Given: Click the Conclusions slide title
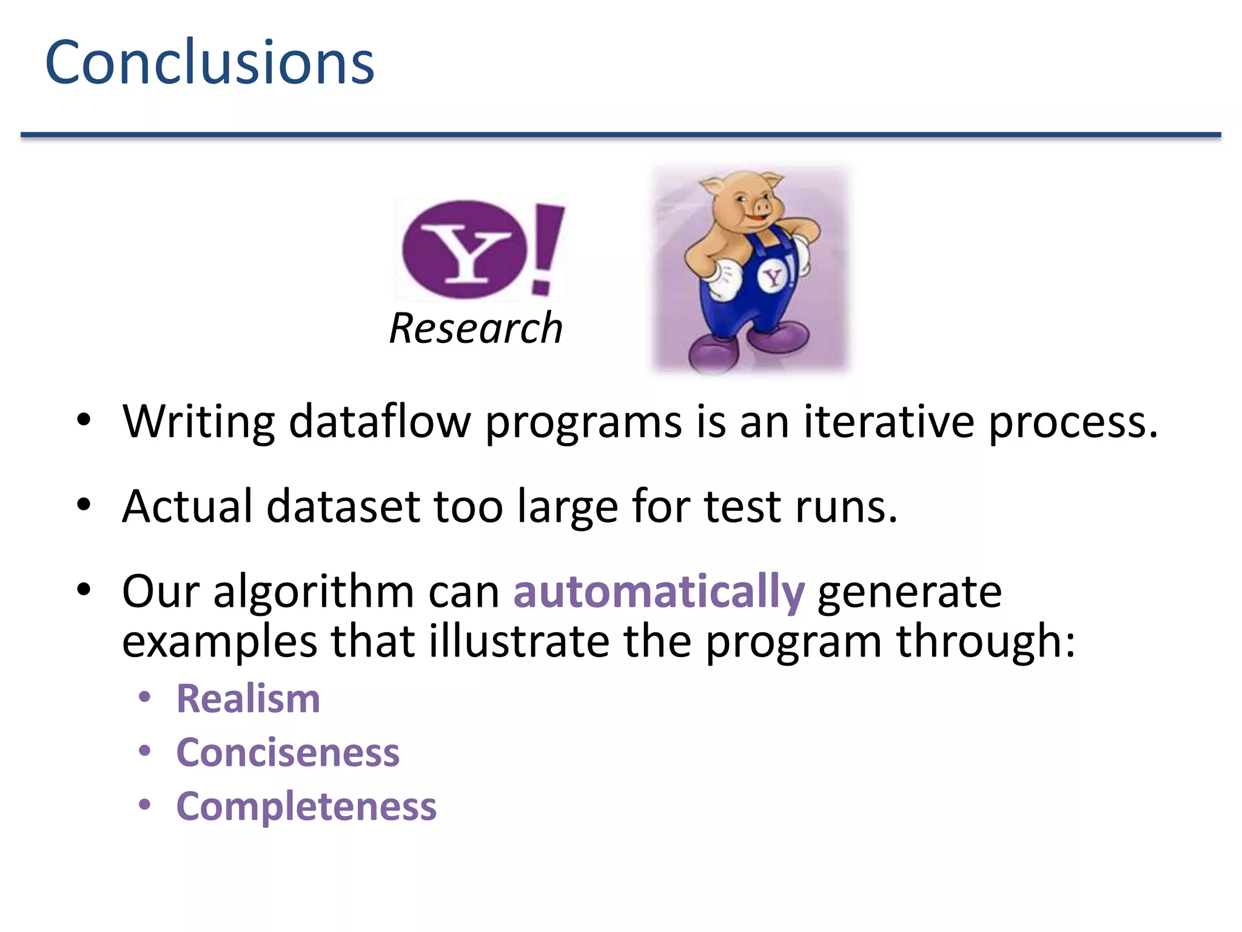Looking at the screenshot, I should coord(210,62).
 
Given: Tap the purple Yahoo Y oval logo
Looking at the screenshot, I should coord(464,249).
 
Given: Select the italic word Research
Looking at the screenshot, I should coord(476,328).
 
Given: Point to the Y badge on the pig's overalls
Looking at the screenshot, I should coord(773,278).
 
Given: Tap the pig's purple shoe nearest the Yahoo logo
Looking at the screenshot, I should coord(713,353).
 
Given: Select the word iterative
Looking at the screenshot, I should coord(888,421).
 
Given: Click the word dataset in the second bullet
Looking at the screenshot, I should coord(343,506).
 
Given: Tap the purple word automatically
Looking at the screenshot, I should coord(659,591).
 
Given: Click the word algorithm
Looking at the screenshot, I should coord(314,591).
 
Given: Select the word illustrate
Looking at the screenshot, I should coord(519,641).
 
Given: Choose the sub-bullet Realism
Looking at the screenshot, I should coord(248,698).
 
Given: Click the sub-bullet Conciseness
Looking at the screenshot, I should coord(288,752).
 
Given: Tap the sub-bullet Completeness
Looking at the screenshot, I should coord(306,806).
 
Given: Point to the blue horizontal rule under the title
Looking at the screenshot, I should coord(620,135).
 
